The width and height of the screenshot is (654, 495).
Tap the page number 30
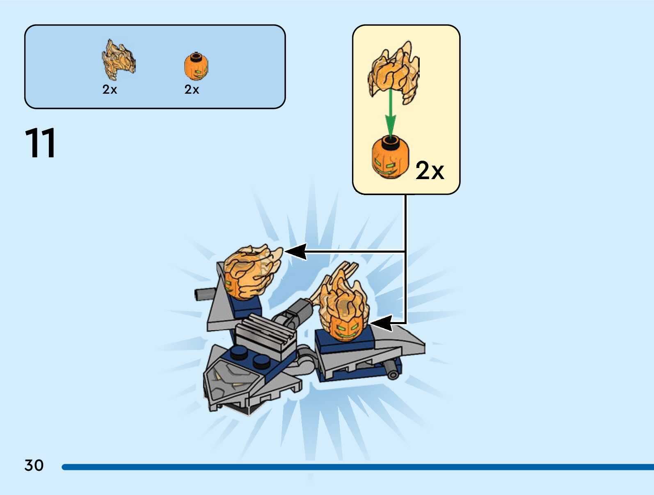tap(34, 465)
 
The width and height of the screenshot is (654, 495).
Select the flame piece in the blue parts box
tap(118, 60)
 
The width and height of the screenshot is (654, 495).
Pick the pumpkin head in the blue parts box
tap(196, 67)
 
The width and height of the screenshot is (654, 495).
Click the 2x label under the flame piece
tap(110, 90)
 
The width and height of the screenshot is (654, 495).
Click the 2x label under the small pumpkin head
tap(192, 90)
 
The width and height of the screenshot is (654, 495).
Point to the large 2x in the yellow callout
tap(430, 170)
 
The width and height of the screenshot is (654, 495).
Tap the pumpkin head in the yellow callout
tap(390, 158)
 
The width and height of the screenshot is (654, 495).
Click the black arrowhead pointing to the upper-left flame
tap(296, 251)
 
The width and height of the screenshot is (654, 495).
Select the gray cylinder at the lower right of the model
tap(393, 368)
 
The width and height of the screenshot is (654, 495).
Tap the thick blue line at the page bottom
tap(357, 467)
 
